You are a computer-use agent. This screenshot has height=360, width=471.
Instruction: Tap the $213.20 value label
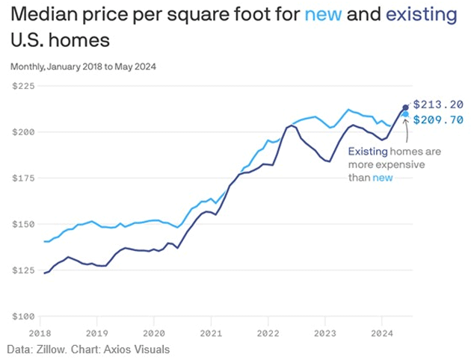[x=438, y=105]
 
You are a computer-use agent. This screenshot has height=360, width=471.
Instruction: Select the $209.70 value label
[x=438, y=120]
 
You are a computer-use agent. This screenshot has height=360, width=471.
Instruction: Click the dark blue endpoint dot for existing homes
[x=406, y=108]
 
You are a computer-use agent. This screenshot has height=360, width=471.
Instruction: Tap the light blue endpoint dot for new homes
[x=406, y=114]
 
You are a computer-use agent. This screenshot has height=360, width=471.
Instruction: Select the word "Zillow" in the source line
[x=52, y=349]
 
